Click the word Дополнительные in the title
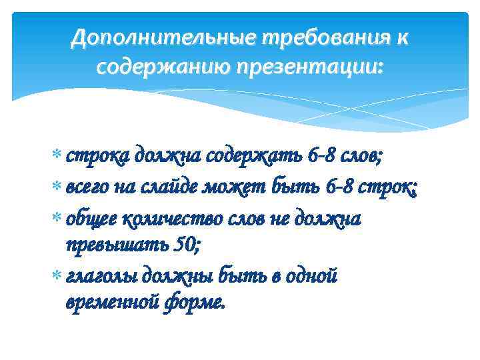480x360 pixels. pyautogui.click(x=163, y=39)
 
